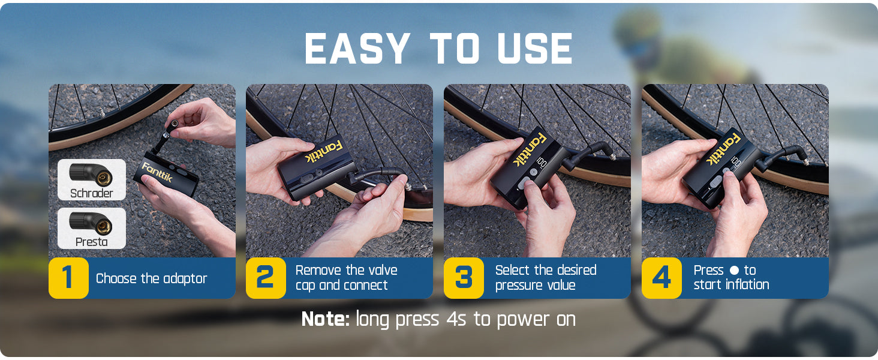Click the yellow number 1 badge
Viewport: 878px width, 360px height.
click(68, 278)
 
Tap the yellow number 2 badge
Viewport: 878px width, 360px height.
click(266, 278)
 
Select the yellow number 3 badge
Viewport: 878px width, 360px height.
click(464, 278)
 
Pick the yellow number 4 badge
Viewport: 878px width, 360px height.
click(661, 278)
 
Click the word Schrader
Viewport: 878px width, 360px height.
click(91, 193)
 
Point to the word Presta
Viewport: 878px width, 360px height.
click(91, 242)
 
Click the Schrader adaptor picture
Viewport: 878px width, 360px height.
click(91, 173)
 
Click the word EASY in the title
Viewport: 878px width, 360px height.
click(357, 49)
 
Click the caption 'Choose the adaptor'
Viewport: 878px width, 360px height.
click(151, 278)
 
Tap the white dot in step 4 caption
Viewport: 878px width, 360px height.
click(733, 271)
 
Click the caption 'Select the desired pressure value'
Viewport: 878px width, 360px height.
click(545, 278)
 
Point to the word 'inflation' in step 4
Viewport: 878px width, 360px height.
click(747, 285)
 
